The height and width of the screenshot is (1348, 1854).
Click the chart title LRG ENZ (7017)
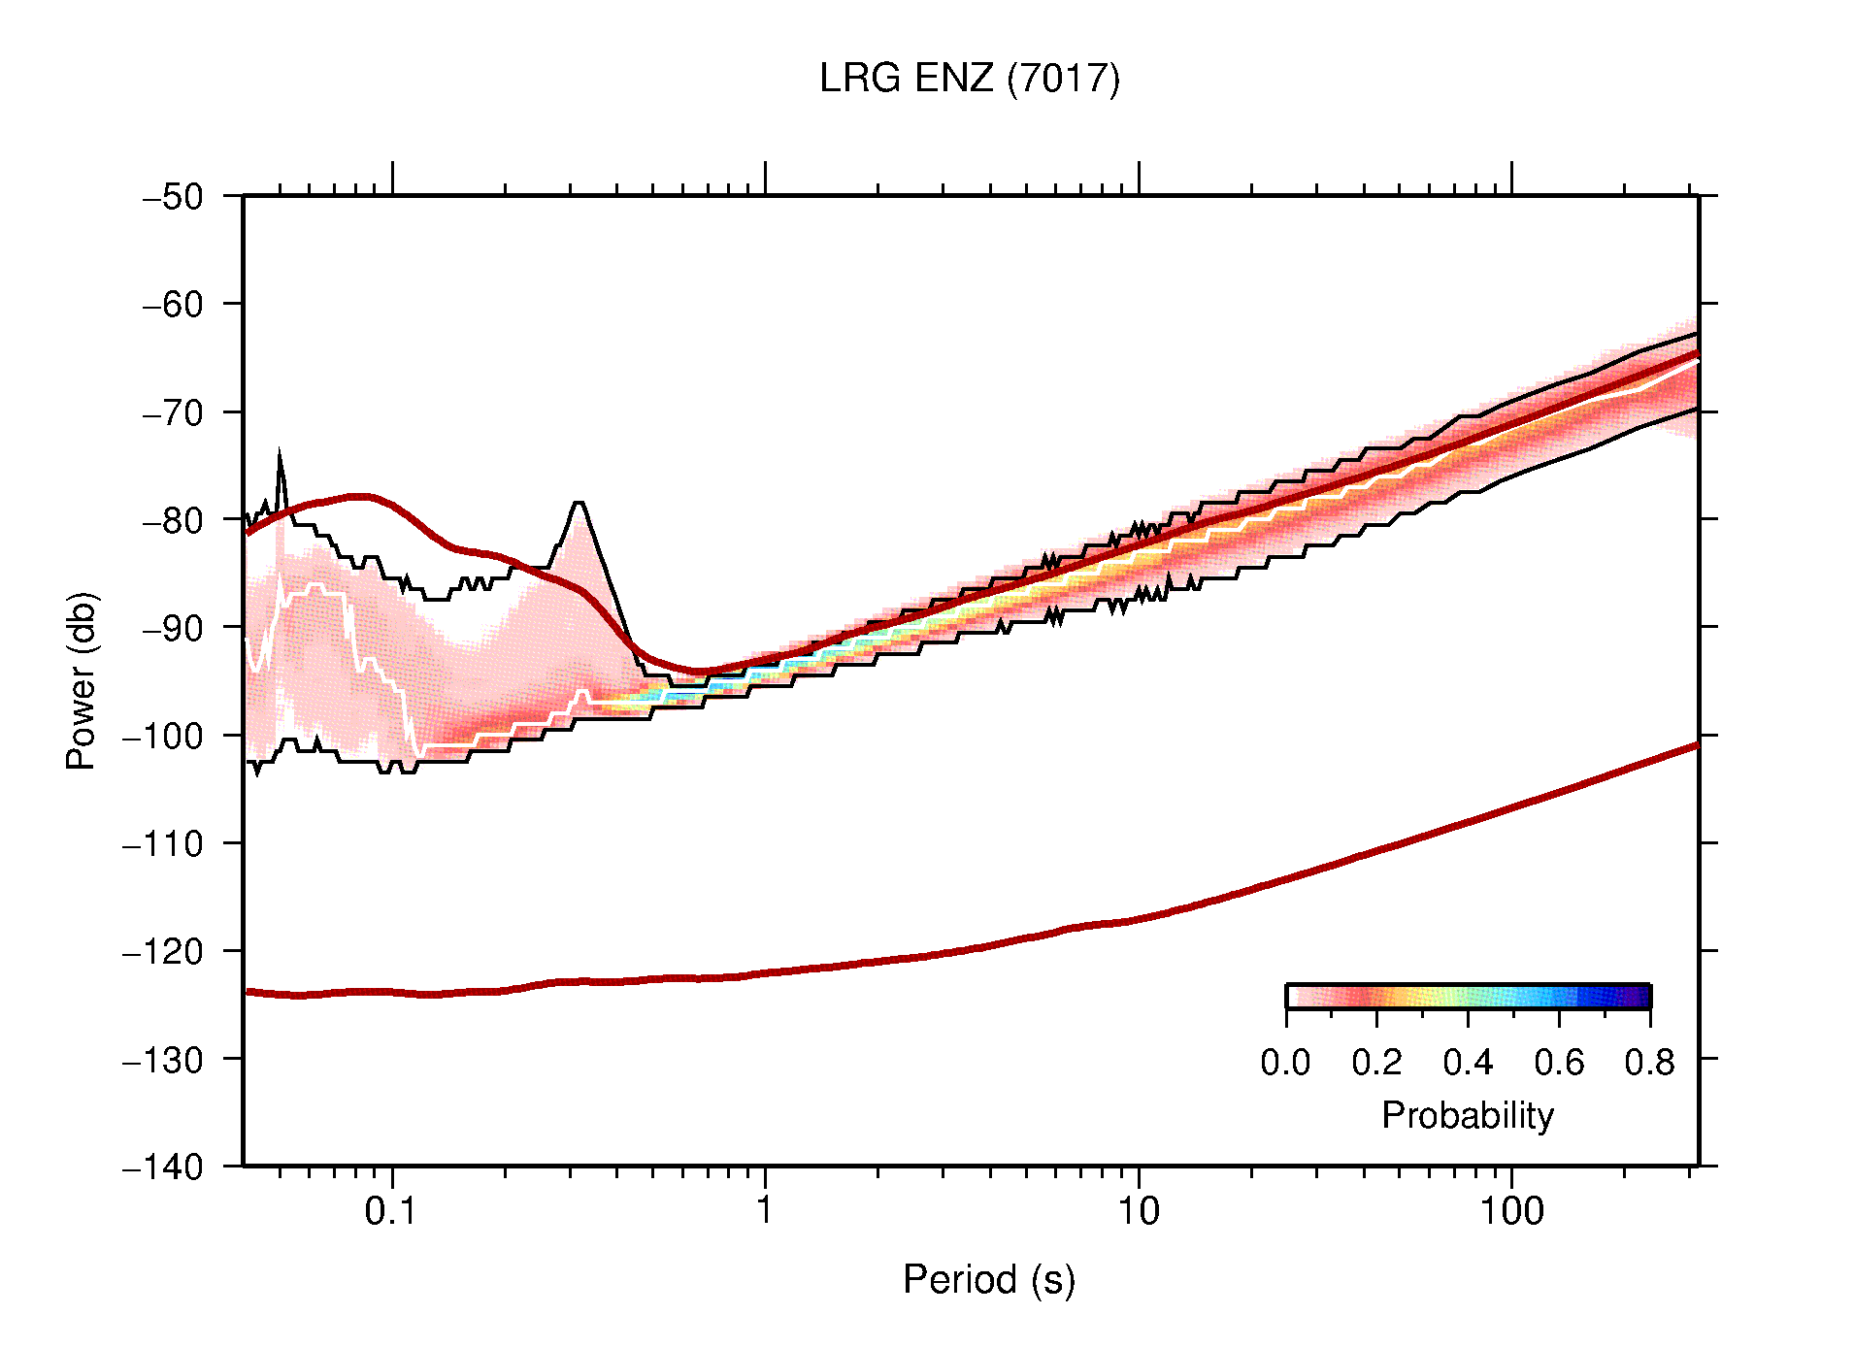coord(969,79)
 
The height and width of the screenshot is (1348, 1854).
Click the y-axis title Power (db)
coord(82,680)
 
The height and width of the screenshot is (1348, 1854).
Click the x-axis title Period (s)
coord(988,1280)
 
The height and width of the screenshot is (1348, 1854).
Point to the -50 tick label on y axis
coord(173,197)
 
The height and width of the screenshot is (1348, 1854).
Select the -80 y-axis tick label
coord(173,520)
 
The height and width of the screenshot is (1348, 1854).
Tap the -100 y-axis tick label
coord(163,736)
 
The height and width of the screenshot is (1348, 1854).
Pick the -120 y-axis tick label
coord(163,951)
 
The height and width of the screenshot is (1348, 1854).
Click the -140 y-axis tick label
coord(163,1167)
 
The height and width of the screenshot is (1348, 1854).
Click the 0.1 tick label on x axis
coord(391,1211)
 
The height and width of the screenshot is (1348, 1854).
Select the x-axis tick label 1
coord(765,1211)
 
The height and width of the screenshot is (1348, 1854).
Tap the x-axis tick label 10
coord(1138,1211)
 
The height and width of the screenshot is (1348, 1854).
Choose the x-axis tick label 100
coord(1511,1211)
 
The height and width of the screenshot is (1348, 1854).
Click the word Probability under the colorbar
coord(1467,1116)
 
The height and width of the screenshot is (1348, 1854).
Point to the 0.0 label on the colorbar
coord(1285,1064)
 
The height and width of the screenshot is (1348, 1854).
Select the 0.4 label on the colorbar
coord(1468,1064)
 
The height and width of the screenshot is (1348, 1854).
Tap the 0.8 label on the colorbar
coord(1649,1064)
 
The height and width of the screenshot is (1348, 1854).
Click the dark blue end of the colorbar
coord(1640,997)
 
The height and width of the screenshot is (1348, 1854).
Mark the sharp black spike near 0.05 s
coord(280,453)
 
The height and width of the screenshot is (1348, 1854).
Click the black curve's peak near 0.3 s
coord(579,503)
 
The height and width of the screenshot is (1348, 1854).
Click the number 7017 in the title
coord(1063,79)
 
